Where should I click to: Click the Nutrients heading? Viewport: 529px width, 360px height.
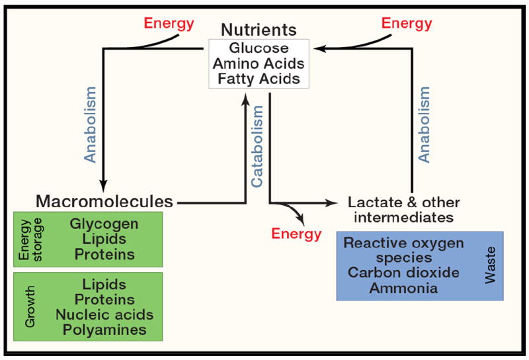pyautogui.click(x=259, y=30)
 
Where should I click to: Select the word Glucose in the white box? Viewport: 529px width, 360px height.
pyautogui.click(x=259, y=48)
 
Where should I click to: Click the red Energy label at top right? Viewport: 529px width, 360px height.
pyautogui.click(x=407, y=24)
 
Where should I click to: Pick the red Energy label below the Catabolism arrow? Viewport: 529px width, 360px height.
pyautogui.click(x=297, y=234)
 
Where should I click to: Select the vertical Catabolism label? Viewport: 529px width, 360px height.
pyautogui.click(x=259, y=142)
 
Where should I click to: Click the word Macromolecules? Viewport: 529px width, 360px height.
pyautogui.click(x=104, y=201)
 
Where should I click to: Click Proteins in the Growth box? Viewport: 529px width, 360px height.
pyautogui.click(x=104, y=299)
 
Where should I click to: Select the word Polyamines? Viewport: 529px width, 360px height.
pyautogui.click(x=104, y=330)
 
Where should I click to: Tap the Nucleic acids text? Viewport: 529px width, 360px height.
pyautogui.click(x=104, y=314)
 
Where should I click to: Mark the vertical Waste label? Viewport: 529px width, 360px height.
pyautogui.click(x=490, y=266)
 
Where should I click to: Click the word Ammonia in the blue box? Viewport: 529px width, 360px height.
pyautogui.click(x=403, y=288)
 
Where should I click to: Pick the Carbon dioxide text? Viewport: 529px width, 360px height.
pyautogui.click(x=403, y=273)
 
